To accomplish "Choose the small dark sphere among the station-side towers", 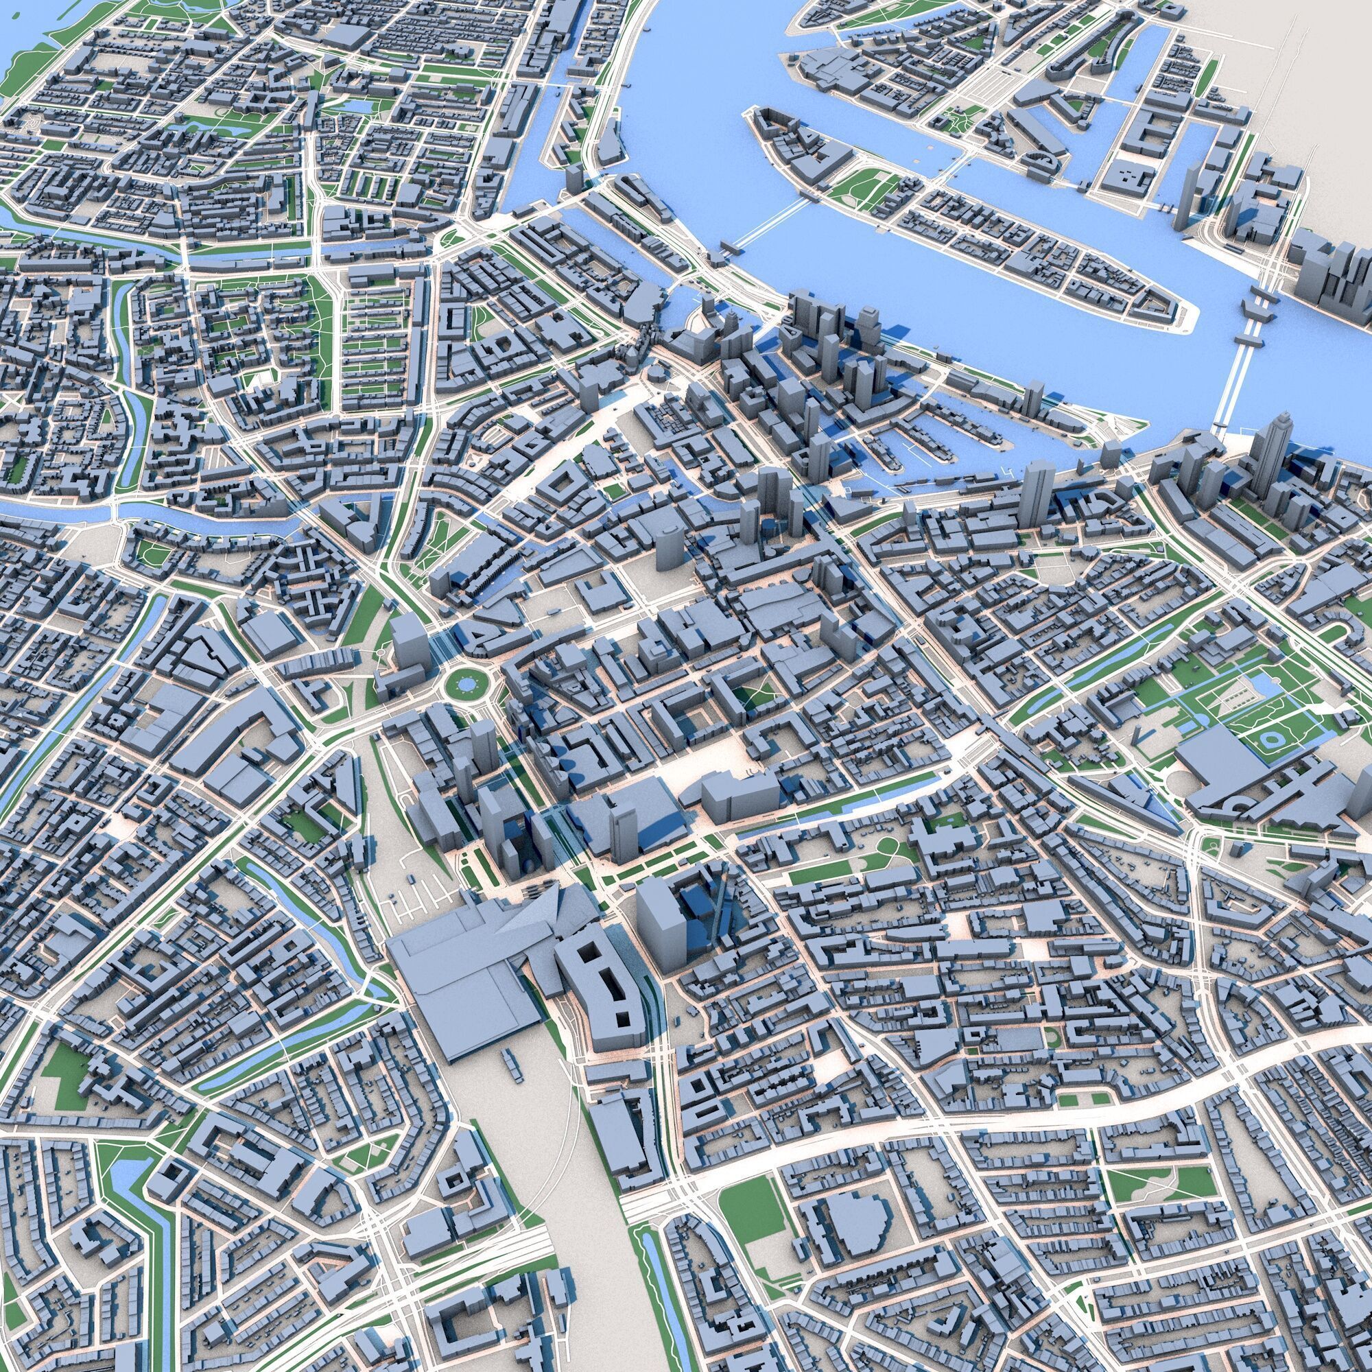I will [530, 868].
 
